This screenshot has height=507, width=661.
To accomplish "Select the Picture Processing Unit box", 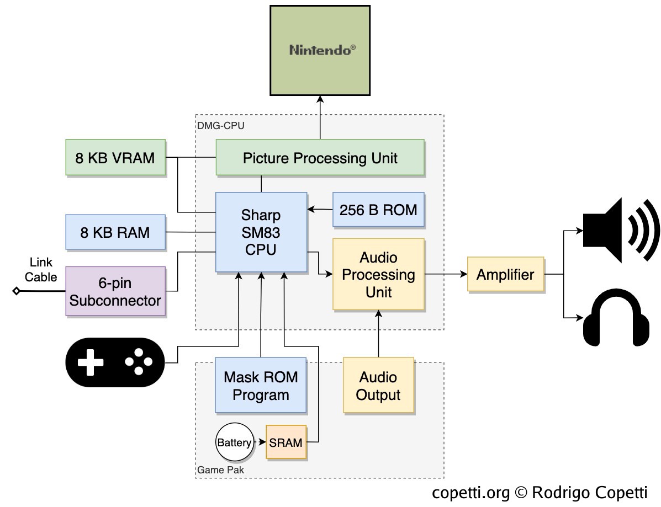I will click(x=320, y=158).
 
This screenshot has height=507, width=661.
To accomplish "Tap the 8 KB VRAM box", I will click(x=115, y=158).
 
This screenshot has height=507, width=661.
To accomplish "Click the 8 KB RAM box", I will click(x=115, y=232).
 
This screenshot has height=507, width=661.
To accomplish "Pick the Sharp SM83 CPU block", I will click(x=261, y=232).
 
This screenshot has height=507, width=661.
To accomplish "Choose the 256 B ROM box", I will click(x=378, y=210).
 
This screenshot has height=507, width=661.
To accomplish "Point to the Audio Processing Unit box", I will click(x=378, y=274).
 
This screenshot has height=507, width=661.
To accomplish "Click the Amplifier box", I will click(x=505, y=274).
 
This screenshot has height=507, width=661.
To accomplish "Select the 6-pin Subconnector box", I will click(x=115, y=291).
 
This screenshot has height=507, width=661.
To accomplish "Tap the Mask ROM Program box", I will click(x=261, y=386).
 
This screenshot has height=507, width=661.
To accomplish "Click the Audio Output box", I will click(x=378, y=386).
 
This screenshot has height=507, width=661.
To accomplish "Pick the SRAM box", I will click(x=285, y=442).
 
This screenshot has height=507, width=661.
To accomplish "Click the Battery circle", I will click(x=234, y=442).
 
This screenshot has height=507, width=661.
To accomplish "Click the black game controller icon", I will click(x=115, y=362).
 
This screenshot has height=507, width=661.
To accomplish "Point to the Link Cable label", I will click(x=41, y=270).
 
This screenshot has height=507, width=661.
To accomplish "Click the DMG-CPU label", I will click(x=221, y=126).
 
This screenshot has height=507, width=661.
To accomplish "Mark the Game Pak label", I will click(x=220, y=470).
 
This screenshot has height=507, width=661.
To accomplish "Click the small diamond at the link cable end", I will click(x=17, y=291).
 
